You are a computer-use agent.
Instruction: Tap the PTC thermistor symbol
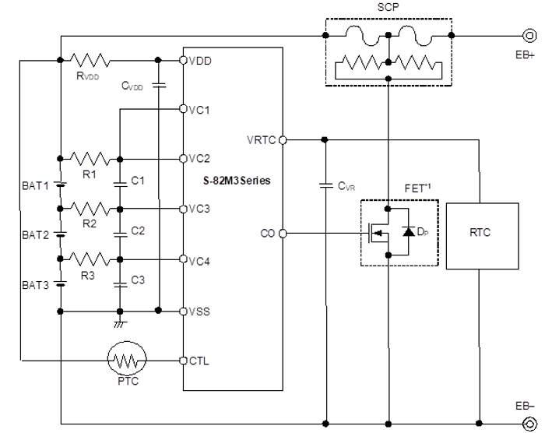(x=127, y=361)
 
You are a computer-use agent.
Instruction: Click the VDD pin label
(x=199, y=60)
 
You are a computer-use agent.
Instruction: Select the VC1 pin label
(x=199, y=110)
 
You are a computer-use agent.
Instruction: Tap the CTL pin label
(x=199, y=361)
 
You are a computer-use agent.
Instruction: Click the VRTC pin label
(x=261, y=140)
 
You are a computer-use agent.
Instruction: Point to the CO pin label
(x=268, y=233)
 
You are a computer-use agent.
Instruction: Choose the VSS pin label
(x=199, y=311)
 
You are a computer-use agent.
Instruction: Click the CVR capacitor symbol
(x=325, y=186)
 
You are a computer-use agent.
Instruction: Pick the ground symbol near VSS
(x=120, y=322)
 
